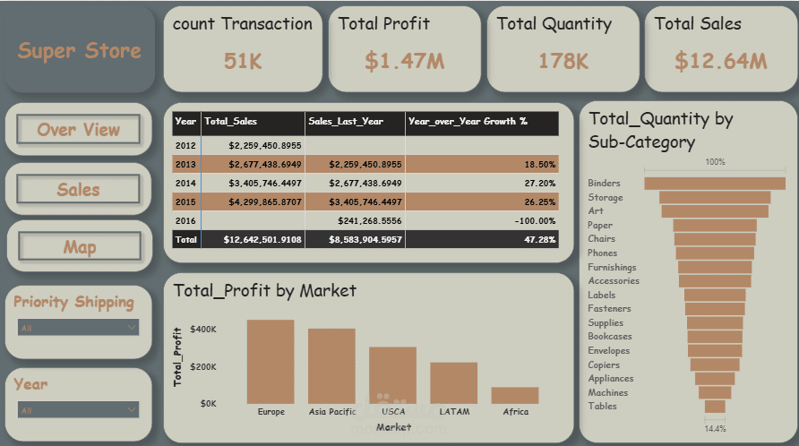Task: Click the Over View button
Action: pos(79,130)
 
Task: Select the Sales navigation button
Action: pos(79,190)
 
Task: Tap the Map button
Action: pos(79,247)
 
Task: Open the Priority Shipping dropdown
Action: pos(79,328)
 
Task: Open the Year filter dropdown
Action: pos(79,409)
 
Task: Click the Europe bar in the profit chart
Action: pos(271,362)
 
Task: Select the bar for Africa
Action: pos(515,395)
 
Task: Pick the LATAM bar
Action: pos(454,382)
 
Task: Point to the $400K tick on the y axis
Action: pos(203,330)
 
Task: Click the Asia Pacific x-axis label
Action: pos(331,412)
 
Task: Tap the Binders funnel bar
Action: pos(715,184)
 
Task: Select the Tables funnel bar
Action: pos(715,407)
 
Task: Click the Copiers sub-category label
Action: pos(604,365)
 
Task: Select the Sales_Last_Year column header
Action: pos(346,121)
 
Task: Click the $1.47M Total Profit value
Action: pos(404,61)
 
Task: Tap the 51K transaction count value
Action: pos(243,61)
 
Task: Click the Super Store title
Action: pos(80,50)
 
